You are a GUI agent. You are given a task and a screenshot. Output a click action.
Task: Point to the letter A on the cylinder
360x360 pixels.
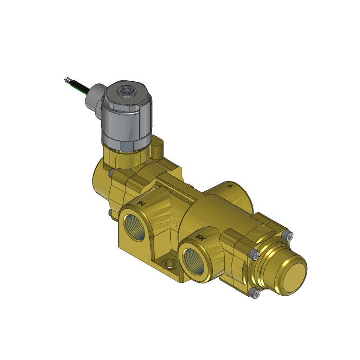point(229,186)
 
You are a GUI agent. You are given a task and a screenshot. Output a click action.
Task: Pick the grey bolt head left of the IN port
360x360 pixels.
point(110,212)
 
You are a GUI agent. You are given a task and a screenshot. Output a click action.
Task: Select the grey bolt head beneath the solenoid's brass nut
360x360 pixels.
point(111,173)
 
